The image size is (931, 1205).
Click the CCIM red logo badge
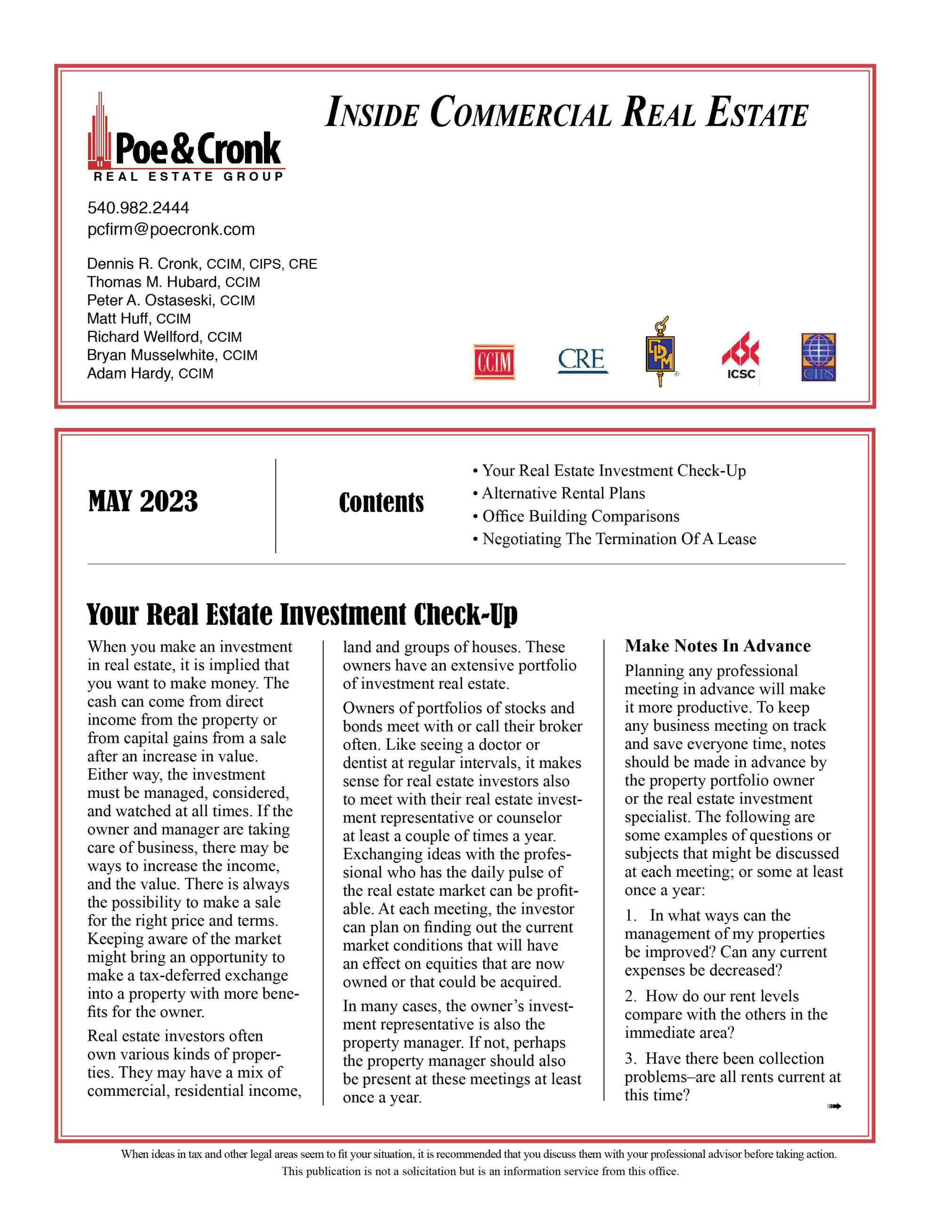pyautogui.click(x=493, y=362)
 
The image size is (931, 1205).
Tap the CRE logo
pyautogui.click(x=582, y=360)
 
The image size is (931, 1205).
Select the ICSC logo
pyautogui.click(x=740, y=356)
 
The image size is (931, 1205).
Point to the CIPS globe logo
pyautogui.click(x=819, y=357)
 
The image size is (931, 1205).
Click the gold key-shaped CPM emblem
pyautogui.click(x=660, y=352)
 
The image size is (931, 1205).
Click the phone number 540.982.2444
pyautogui.click(x=138, y=208)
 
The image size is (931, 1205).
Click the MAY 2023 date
pyautogui.click(x=143, y=501)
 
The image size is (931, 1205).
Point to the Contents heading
pyautogui.click(x=381, y=503)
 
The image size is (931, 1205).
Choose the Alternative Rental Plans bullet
pyautogui.click(x=563, y=493)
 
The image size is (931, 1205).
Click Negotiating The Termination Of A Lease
pyautogui.click(x=618, y=538)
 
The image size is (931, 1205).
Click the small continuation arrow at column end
pyautogui.click(x=834, y=1106)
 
